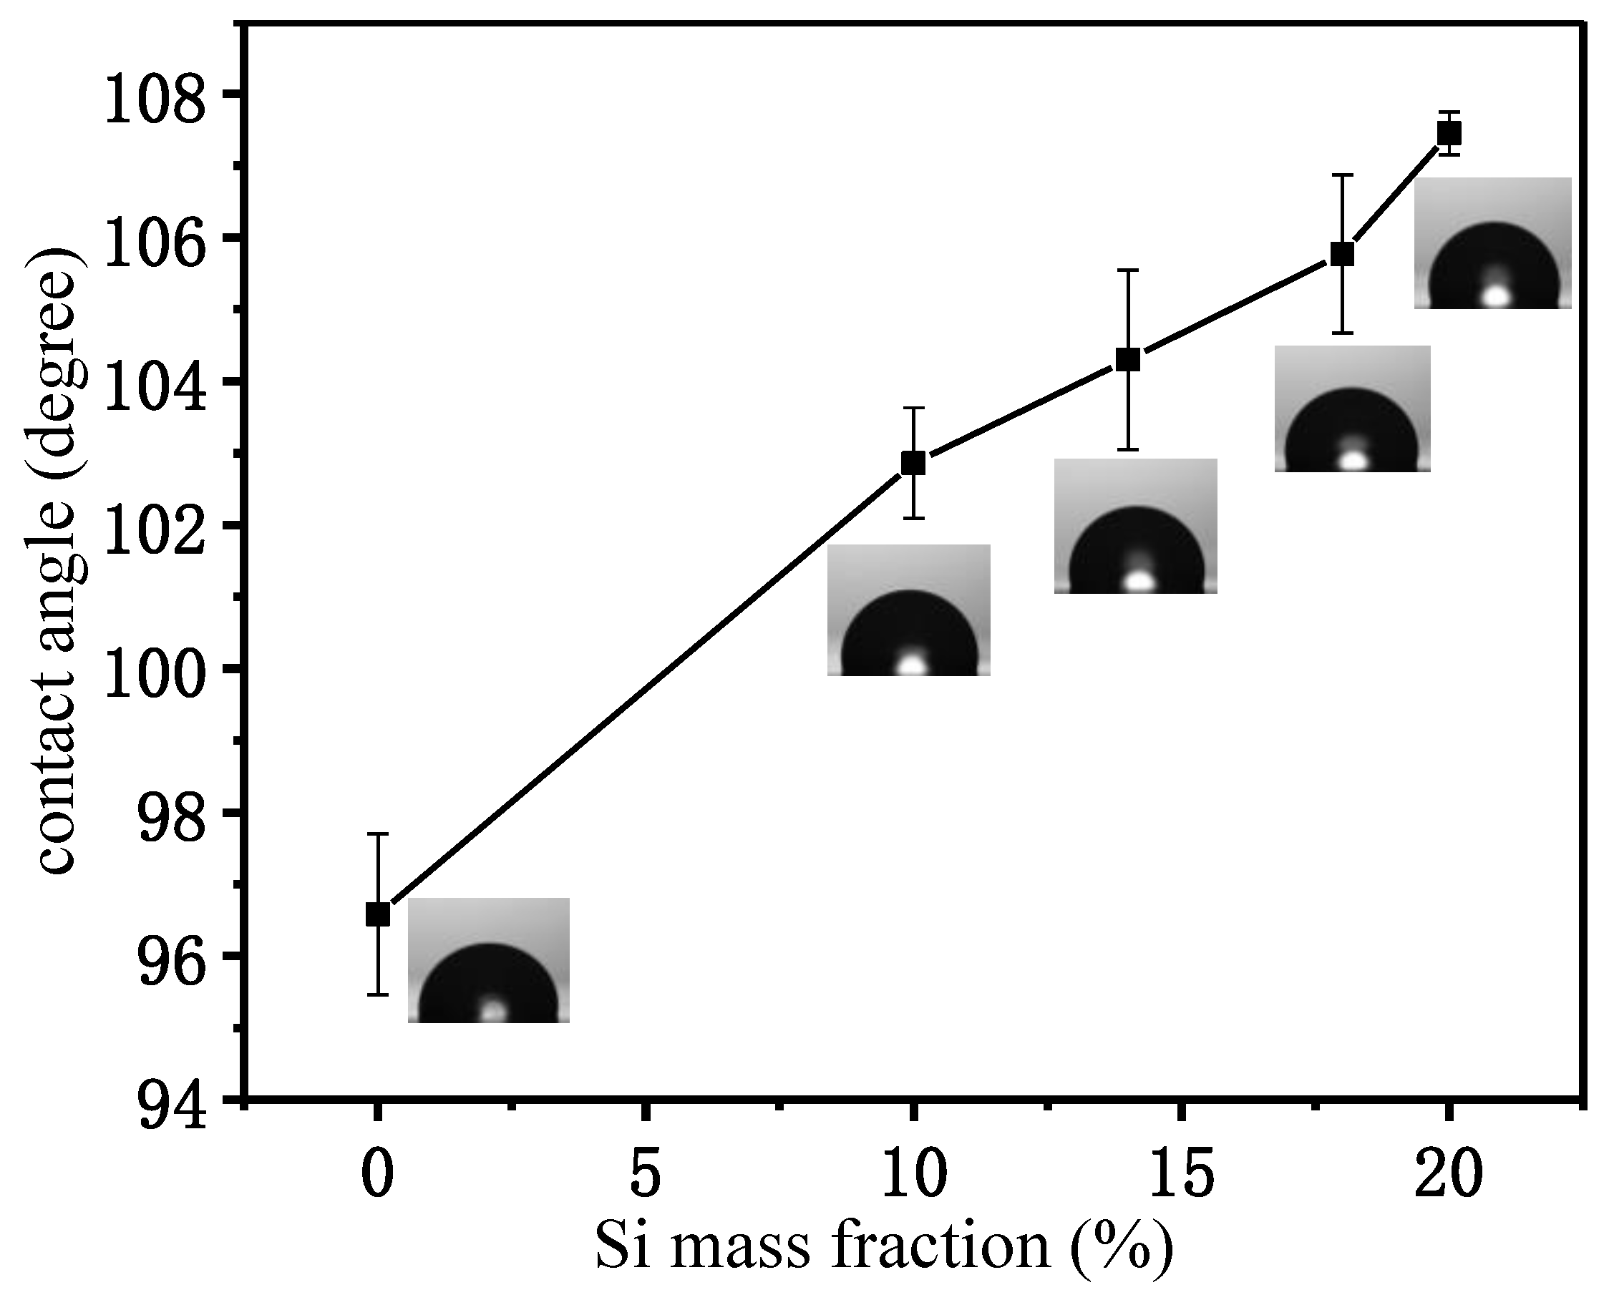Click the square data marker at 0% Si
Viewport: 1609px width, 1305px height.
(377, 914)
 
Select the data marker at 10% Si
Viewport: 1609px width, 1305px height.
(913, 463)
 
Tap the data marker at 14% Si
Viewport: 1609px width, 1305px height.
(1128, 360)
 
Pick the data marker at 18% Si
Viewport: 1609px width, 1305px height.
(1343, 254)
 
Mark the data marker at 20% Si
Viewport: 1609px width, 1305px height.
(1449, 134)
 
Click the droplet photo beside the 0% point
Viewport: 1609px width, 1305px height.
(489, 960)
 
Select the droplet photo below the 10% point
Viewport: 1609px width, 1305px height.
(909, 610)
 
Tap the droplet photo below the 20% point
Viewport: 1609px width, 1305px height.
(1492, 243)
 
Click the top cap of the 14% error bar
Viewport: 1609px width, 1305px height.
(1128, 269)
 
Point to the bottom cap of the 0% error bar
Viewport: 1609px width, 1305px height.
(377, 994)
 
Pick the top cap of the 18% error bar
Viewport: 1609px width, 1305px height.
(1343, 175)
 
